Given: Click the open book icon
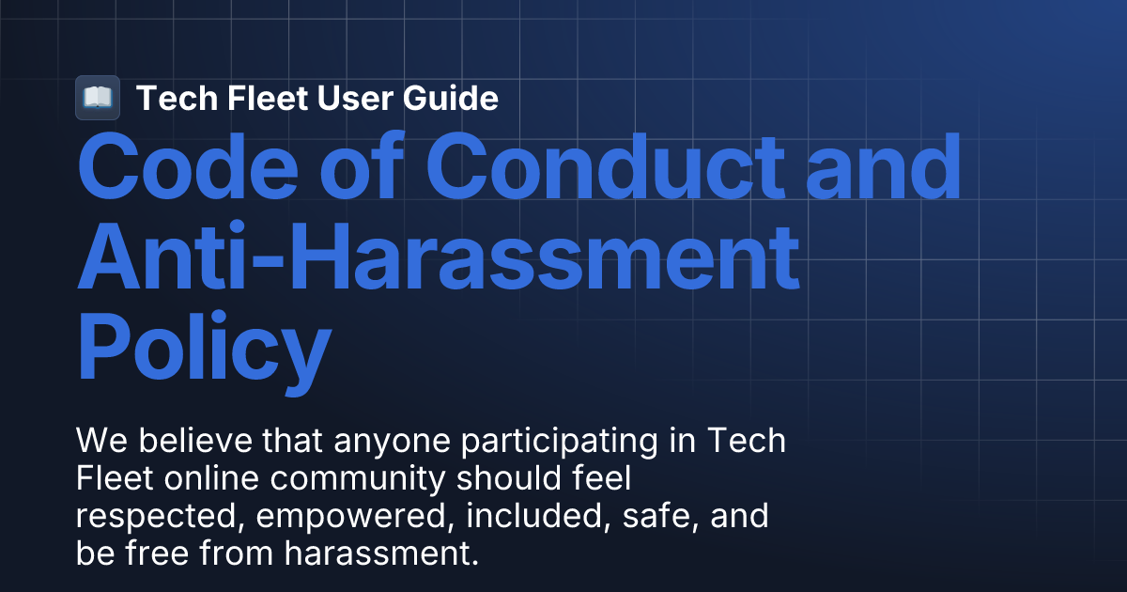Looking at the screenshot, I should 97,98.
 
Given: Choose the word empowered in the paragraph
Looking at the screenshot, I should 325,516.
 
